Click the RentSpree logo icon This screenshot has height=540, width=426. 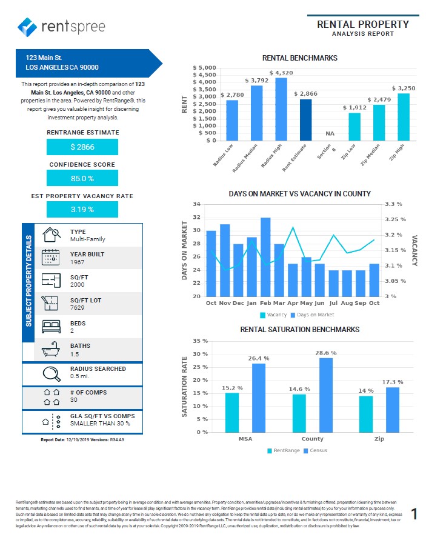28,27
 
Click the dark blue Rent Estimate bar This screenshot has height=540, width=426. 305,119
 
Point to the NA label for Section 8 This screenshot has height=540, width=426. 330,133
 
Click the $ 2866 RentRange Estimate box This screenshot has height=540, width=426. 82,147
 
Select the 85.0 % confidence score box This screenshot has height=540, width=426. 82,179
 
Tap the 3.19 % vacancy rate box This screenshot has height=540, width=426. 82,210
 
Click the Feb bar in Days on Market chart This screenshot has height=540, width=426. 265,257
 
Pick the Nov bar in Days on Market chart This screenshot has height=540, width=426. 225,261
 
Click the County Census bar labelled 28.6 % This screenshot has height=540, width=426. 326,395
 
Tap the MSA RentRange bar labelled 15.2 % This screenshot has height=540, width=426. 233,412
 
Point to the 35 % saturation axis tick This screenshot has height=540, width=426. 200,341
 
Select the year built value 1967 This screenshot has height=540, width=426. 78,262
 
